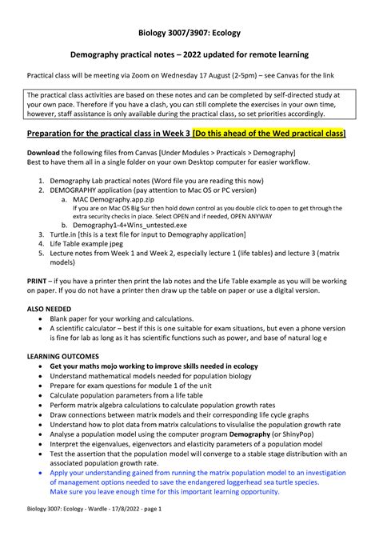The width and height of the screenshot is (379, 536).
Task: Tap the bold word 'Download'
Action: click(x=49, y=152)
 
